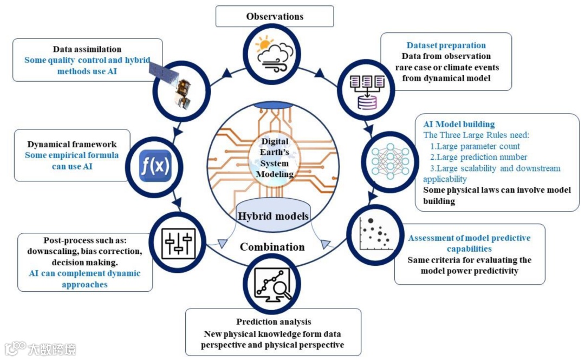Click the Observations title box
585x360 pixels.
click(x=275, y=16)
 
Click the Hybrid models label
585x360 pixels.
click(x=273, y=216)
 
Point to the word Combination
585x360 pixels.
click(x=272, y=247)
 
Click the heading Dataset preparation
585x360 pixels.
click(x=446, y=45)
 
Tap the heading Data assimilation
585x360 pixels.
click(x=87, y=49)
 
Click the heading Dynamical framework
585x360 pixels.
click(x=72, y=145)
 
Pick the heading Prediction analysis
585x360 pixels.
click(x=274, y=322)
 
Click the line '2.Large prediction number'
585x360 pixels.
click(x=479, y=157)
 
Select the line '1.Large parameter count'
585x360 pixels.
click(x=475, y=146)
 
